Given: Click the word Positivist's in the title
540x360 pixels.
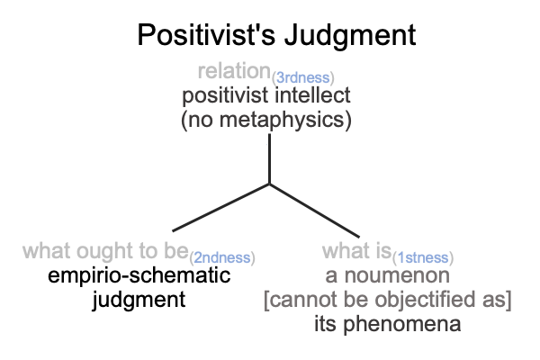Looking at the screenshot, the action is click(x=206, y=35).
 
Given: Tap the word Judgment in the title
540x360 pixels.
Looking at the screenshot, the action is click(x=351, y=36).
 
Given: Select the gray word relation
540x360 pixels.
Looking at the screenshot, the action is click(x=234, y=71).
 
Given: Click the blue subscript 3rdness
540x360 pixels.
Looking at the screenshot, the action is click(x=302, y=78).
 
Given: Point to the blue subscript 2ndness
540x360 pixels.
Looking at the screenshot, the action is click(x=222, y=257).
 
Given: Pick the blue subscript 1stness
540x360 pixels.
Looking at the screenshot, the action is click(x=423, y=257).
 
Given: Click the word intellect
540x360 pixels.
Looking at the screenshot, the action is click(x=312, y=95).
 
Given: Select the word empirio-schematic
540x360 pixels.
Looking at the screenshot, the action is click(x=139, y=275).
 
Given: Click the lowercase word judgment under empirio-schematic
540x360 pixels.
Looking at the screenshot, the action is click(x=139, y=301).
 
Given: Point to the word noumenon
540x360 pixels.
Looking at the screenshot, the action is click(x=397, y=275).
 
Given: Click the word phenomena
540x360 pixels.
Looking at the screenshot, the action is click(x=402, y=325).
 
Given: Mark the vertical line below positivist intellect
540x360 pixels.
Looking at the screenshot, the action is click(x=269, y=158).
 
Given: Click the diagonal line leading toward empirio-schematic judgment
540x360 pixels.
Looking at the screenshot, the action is click(x=220, y=207).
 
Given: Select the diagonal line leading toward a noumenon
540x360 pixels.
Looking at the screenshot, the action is click(x=314, y=211).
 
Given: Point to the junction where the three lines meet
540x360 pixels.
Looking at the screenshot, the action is click(x=269, y=184).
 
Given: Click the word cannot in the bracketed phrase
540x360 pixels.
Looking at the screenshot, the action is click(x=304, y=300).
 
